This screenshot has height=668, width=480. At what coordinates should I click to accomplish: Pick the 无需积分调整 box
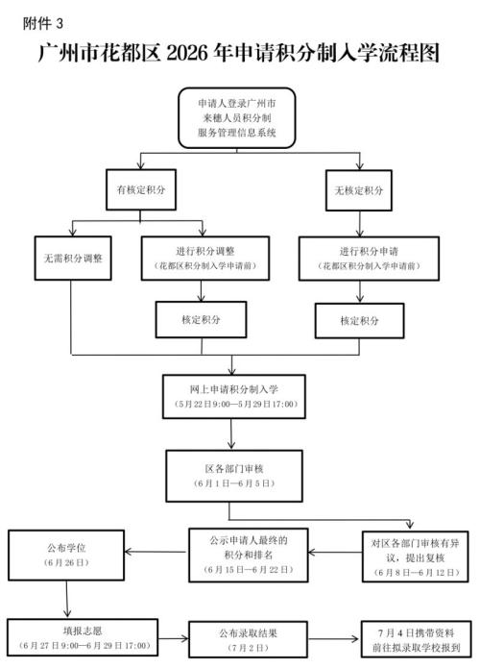click(73, 259)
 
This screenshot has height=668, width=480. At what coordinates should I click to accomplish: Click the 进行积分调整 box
click(201, 257)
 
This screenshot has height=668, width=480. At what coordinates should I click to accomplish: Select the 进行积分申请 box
click(359, 257)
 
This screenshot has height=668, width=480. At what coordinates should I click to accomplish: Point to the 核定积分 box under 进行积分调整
click(201, 318)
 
